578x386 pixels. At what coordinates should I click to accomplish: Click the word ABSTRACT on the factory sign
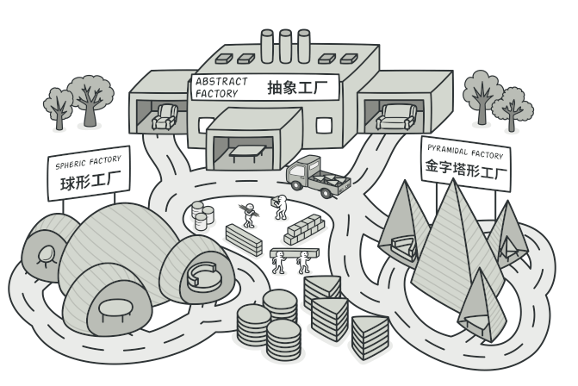tap(221, 82)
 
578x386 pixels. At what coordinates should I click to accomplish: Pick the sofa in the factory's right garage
tap(397, 116)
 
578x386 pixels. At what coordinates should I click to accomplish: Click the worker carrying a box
tap(281, 207)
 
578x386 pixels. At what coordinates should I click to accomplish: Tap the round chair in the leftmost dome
tap(43, 253)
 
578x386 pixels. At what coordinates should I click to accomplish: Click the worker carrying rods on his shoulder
tap(248, 213)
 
